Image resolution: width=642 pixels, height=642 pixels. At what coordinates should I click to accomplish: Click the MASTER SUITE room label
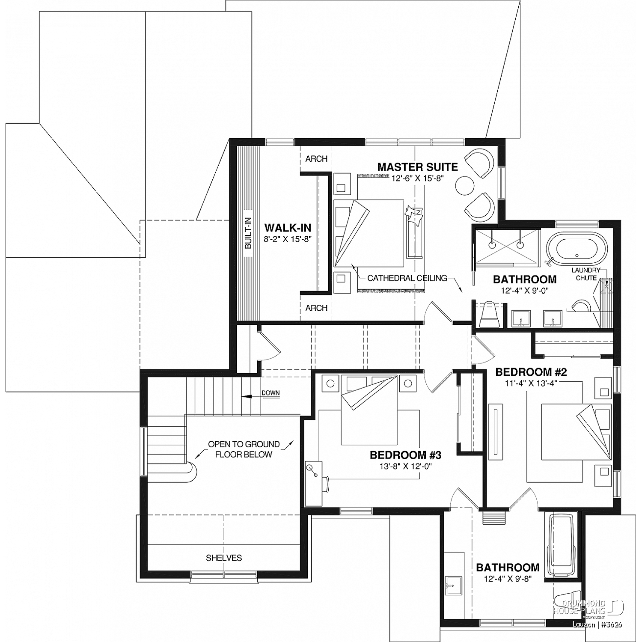coord(417,167)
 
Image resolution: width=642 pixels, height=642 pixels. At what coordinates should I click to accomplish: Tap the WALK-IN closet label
coord(288,228)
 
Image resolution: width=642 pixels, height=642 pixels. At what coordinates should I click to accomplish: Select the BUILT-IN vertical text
coord(248,234)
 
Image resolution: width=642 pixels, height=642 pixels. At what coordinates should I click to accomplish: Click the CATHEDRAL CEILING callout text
coord(407,278)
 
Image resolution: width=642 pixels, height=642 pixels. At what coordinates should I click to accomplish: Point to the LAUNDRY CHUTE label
coord(586,274)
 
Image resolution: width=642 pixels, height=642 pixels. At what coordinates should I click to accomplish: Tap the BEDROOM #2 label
coord(531,372)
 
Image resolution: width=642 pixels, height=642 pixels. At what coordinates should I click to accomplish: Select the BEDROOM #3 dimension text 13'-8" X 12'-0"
coord(405,466)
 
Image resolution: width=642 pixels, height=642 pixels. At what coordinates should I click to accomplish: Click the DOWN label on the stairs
coord(270,393)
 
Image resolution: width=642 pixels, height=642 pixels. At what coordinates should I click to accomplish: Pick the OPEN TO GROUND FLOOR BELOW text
coord(244,449)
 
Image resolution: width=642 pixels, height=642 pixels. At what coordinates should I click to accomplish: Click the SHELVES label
coord(224,558)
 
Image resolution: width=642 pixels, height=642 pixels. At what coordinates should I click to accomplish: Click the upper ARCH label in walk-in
coord(316,159)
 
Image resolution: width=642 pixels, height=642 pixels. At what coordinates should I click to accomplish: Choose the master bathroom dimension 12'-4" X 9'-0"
coord(525,290)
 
